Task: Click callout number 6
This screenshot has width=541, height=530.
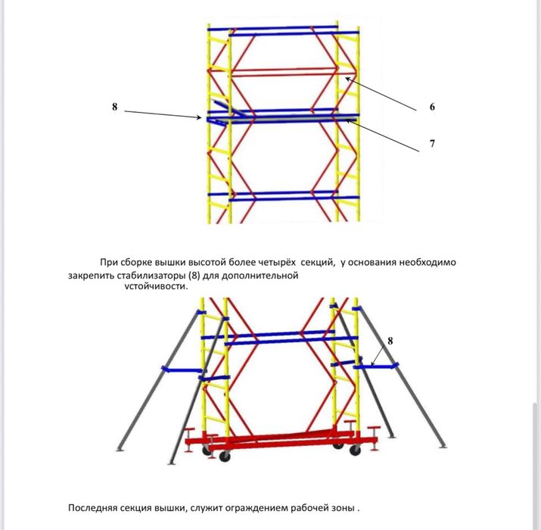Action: coord(432,107)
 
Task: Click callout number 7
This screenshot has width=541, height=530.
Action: coord(432,143)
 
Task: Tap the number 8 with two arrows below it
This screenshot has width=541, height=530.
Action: coord(390,341)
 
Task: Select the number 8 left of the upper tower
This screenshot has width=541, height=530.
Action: coord(114,107)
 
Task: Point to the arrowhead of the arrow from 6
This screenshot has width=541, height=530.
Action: coord(347,79)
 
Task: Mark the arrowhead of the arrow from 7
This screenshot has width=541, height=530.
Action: coord(347,120)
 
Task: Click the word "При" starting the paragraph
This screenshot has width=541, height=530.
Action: coord(109,263)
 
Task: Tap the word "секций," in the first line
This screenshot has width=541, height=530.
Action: coord(318,263)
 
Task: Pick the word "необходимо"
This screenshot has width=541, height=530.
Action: coord(428,263)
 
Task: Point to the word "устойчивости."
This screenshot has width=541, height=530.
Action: coord(157,286)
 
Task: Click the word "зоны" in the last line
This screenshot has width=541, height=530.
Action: coord(346,508)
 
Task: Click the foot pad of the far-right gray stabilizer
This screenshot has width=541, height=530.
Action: coord(443,447)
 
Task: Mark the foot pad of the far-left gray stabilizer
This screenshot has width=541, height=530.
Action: coord(120,449)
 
